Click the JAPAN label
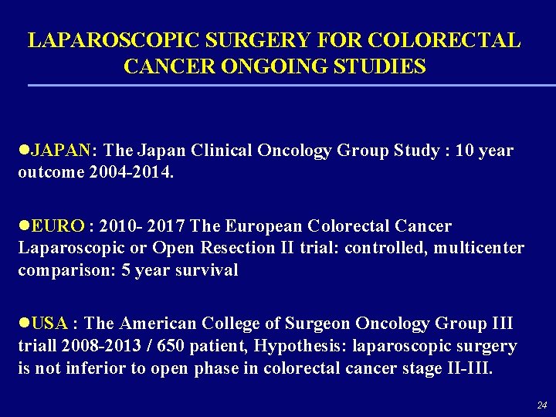click(x=60, y=150)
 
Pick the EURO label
click(x=58, y=226)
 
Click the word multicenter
click(x=478, y=248)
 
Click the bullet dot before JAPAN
click(x=23, y=150)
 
